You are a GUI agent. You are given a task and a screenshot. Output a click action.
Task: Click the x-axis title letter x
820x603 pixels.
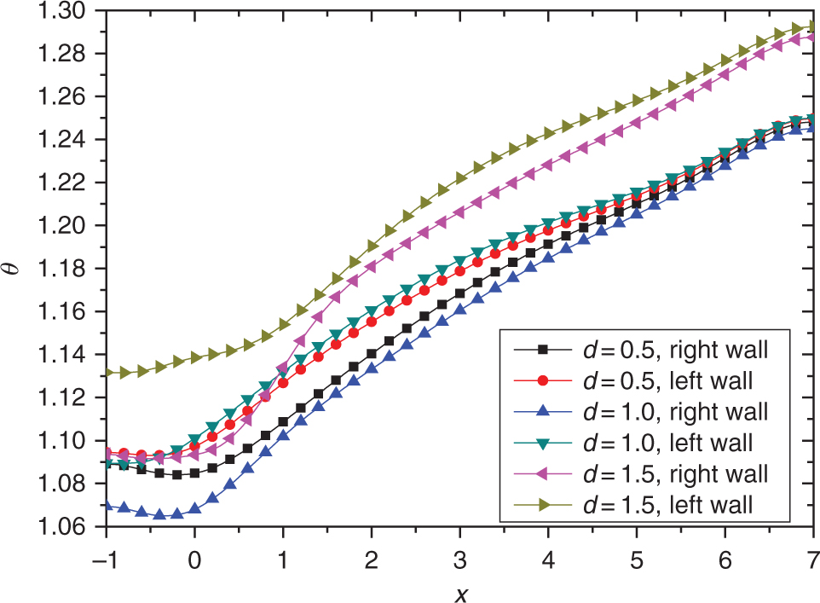point(460,590)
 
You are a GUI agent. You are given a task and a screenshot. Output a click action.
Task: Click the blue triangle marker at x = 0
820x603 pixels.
point(195,508)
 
